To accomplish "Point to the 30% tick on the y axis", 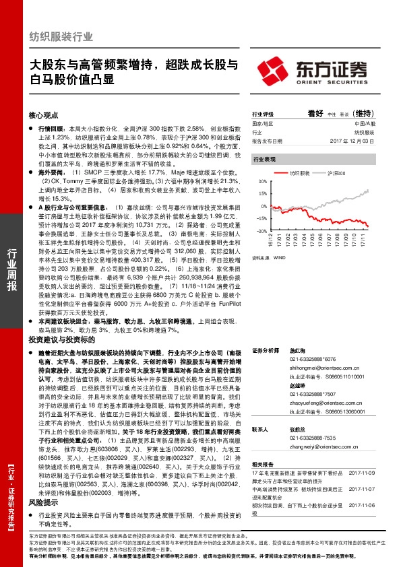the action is pos(259,182).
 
